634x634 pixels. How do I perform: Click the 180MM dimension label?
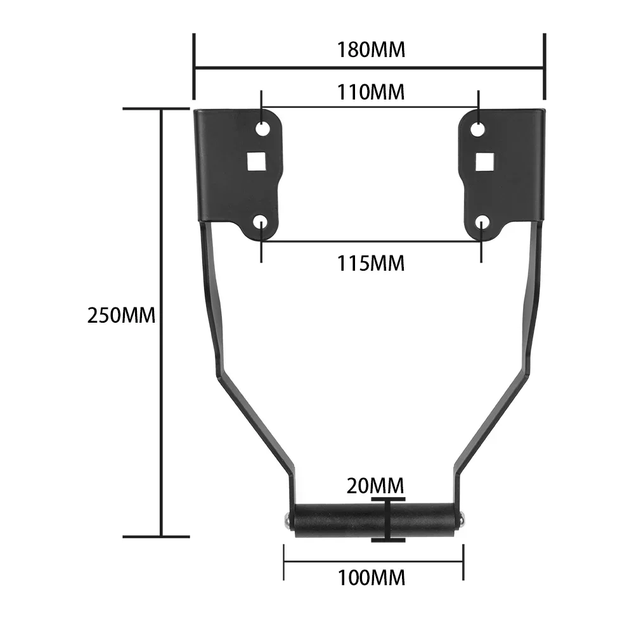pyautogui.click(x=371, y=49)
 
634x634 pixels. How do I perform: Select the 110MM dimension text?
pyautogui.click(x=371, y=92)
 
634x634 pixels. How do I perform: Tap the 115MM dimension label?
pyautogui.click(x=371, y=263)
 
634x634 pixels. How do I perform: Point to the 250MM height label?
pyautogui.click(x=120, y=316)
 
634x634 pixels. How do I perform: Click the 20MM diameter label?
pyautogui.click(x=375, y=486)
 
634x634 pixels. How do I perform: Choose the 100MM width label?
pyautogui.click(x=371, y=578)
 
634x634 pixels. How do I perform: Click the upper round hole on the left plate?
pyautogui.click(x=261, y=129)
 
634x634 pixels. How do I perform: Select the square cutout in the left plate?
pyautogui.click(x=256, y=162)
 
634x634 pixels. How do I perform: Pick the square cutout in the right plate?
pyautogui.click(x=485, y=162)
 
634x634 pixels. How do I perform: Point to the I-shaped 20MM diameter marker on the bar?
pyautogui.click(x=388, y=520)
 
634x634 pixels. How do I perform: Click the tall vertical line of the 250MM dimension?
pyautogui.click(x=162, y=317)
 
